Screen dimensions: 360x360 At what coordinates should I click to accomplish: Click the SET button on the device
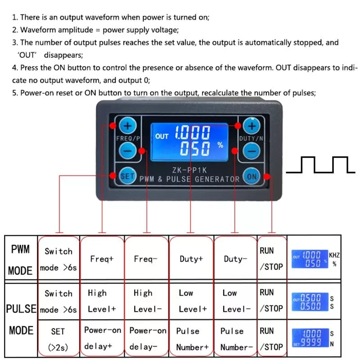(x=127, y=176)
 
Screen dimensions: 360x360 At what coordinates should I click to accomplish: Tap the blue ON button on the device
(x=251, y=176)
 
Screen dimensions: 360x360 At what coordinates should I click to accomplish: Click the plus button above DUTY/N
(x=252, y=126)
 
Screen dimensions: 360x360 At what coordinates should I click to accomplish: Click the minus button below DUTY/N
(x=252, y=150)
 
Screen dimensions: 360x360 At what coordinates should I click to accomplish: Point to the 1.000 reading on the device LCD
(x=193, y=133)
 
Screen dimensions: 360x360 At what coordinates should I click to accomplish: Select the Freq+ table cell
(x=102, y=259)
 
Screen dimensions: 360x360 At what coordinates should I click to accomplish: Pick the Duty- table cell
(x=235, y=259)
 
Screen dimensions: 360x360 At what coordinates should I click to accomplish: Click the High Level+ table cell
(x=102, y=301)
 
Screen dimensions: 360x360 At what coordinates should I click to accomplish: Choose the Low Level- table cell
(x=235, y=301)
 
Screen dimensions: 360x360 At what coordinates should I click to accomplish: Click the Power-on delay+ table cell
(x=102, y=338)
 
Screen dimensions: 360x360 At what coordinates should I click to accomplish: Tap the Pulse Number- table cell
(x=235, y=338)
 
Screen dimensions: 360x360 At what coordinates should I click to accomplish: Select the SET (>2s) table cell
(x=58, y=339)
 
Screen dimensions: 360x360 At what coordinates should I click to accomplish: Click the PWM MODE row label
(x=21, y=260)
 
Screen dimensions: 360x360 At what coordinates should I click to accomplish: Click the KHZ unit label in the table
(x=334, y=255)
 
